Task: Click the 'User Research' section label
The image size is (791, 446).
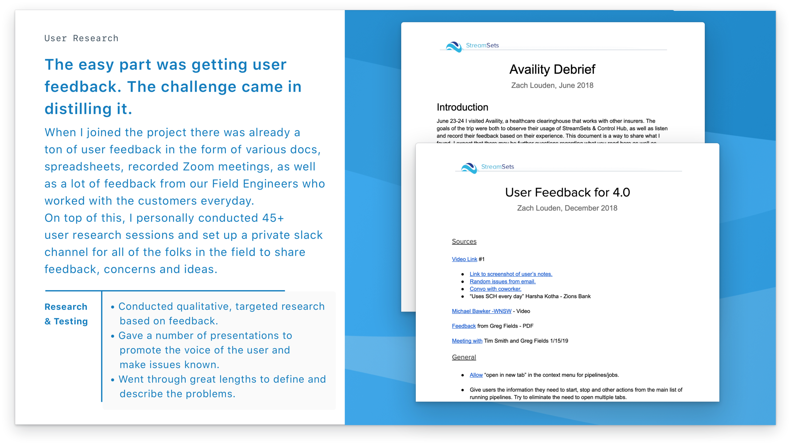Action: [81, 38]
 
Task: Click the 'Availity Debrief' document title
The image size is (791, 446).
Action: [552, 69]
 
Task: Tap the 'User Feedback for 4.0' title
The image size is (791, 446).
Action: [567, 192]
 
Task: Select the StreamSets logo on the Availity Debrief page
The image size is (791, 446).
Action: [472, 46]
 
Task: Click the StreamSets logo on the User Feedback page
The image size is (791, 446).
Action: [487, 167]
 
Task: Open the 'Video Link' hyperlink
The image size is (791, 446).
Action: [464, 259]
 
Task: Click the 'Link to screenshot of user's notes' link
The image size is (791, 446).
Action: [511, 274]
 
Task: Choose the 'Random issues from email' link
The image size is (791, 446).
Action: [502, 282]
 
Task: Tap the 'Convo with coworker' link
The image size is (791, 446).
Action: [495, 289]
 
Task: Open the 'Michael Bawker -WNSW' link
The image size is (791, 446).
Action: [481, 311]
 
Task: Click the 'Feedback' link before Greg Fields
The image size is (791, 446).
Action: [464, 326]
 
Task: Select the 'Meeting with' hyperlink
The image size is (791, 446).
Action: [467, 341]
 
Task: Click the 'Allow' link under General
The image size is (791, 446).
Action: [476, 375]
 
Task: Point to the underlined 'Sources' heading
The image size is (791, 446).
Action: [464, 241]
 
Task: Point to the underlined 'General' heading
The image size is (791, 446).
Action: [464, 357]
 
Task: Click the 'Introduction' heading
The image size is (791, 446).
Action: [462, 107]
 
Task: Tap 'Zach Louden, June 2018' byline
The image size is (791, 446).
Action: [552, 85]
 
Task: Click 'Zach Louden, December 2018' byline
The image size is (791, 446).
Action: [567, 208]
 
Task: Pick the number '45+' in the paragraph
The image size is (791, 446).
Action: [273, 218]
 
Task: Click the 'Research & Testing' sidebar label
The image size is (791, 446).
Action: [66, 314]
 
